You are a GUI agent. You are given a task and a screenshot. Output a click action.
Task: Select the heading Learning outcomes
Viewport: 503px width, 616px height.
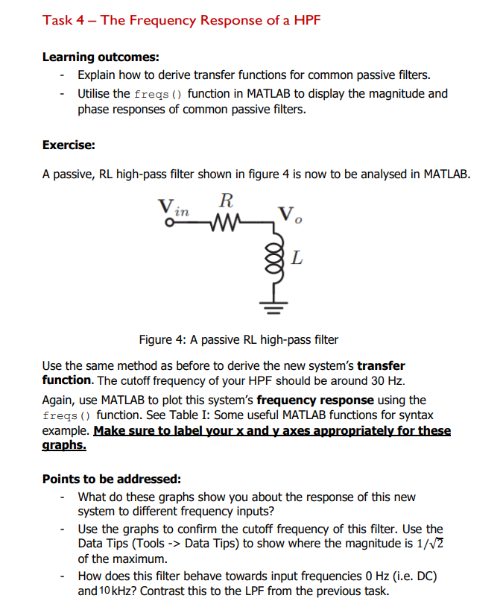click(x=101, y=57)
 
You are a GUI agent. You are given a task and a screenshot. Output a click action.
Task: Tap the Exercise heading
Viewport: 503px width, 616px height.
click(x=69, y=145)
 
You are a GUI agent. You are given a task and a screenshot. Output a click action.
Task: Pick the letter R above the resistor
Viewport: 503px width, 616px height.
click(x=227, y=200)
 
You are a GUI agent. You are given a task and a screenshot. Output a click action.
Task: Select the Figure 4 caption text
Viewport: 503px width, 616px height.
click(x=238, y=340)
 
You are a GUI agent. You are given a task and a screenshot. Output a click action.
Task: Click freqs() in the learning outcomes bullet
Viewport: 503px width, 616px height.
click(x=159, y=94)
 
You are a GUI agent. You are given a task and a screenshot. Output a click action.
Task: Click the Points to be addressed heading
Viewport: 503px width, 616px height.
click(x=111, y=479)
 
